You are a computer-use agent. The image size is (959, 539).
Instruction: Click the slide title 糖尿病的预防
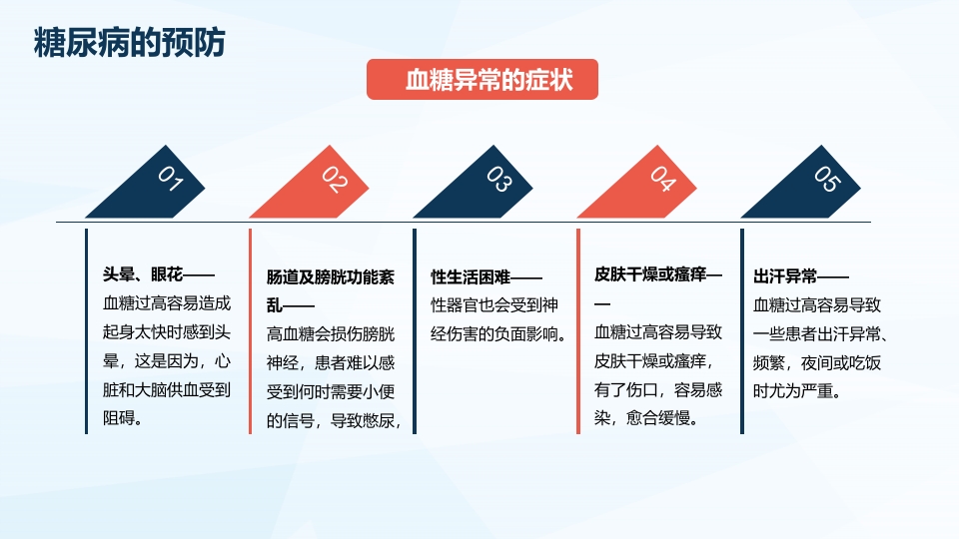click(x=130, y=44)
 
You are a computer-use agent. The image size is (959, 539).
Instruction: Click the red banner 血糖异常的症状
click(x=482, y=81)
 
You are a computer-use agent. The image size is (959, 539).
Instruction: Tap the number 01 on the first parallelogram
click(x=170, y=180)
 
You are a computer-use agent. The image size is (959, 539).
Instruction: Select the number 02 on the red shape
click(x=334, y=180)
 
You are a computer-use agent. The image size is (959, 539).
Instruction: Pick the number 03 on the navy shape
click(x=498, y=180)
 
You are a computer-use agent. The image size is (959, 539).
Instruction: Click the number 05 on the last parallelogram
click(x=826, y=179)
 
